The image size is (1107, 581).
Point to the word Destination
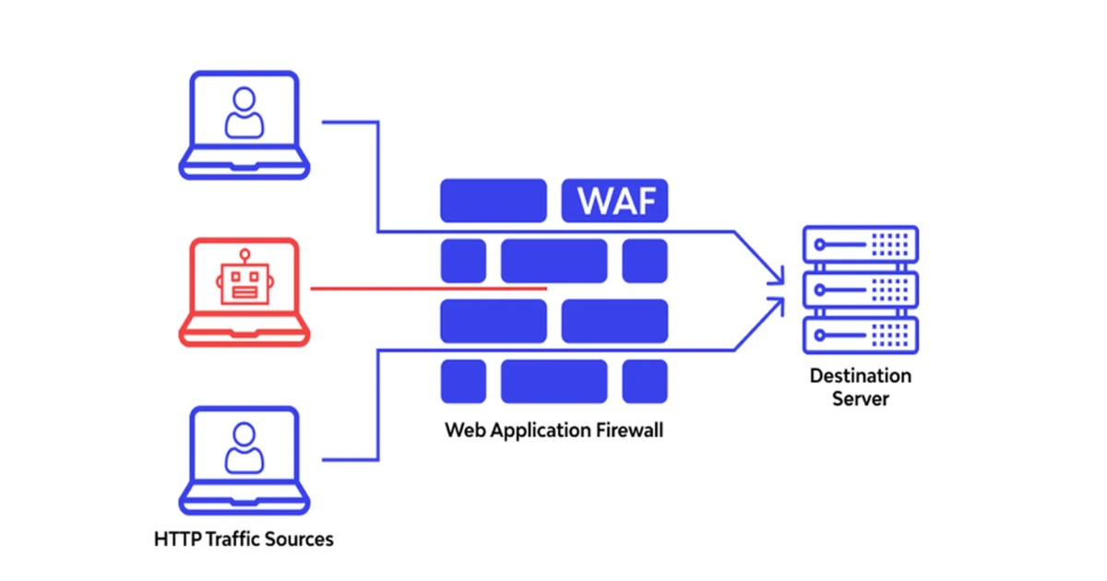(860, 376)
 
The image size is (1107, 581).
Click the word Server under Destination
(860, 399)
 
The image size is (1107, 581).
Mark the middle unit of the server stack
(860, 290)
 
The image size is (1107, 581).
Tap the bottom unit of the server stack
(860, 335)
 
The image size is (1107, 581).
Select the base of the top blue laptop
(244, 169)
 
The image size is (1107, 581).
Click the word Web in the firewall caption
(461, 430)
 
